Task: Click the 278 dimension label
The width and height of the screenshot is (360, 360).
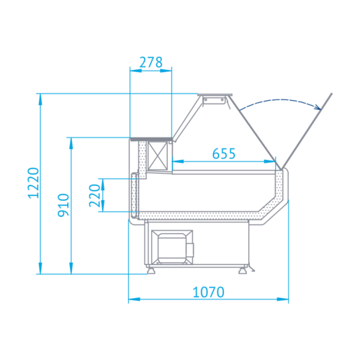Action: tap(151, 63)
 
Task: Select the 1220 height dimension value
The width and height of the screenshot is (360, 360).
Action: tap(33, 183)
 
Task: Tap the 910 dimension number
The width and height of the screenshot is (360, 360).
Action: tap(63, 205)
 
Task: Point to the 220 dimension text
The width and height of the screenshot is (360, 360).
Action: tap(94, 196)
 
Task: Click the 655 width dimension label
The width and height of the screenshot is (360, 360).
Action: tap(224, 153)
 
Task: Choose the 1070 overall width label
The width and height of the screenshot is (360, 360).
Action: tap(208, 292)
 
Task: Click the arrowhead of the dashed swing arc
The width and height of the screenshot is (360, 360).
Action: tap(318, 107)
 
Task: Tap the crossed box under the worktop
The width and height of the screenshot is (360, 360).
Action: tap(158, 156)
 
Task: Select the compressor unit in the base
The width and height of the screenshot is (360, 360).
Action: tap(172, 247)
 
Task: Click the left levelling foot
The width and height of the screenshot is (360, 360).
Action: tap(151, 271)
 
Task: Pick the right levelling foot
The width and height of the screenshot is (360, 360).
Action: tap(243, 271)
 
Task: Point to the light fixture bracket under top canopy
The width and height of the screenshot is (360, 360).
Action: tap(214, 100)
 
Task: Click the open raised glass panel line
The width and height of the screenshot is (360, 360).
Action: tap(307, 131)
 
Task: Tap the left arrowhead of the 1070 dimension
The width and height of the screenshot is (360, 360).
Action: tap(134, 300)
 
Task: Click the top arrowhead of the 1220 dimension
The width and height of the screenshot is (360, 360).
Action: tap(40, 99)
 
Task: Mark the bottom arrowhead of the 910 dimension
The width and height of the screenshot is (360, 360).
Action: tap(71, 268)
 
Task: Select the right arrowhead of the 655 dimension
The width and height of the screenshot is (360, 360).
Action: tap(270, 161)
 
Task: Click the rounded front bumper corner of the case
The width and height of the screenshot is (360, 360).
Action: tap(285, 171)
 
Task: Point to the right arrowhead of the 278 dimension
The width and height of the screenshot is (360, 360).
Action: tap(166, 71)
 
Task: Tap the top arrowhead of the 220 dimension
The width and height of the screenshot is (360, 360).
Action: tap(103, 184)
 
